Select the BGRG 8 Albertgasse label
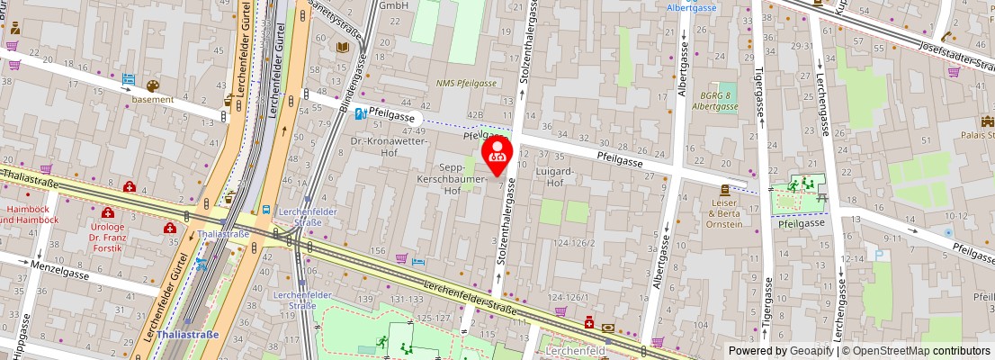pyautogui.click(x=715, y=101)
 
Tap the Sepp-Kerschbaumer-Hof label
pyautogui.click(x=463, y=179)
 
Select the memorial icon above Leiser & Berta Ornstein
pyautogui.click(x=724, y=191)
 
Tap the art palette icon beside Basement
pyautogui.click(x=152, y=86)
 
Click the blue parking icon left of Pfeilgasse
pyautogui.click(x=360, y=114)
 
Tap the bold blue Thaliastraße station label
pyautogui.click(x=187, y=334)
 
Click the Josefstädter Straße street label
pyautogui.click(x=957, y=58)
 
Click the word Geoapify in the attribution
pyautogui.click(x=812, y=351)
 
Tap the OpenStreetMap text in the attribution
pyautogui.click(x=900, y=351)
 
